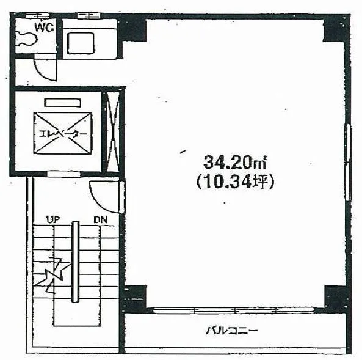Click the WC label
45,27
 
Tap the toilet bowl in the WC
26,39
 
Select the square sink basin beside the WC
81,43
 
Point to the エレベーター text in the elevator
63,134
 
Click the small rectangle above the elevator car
62,103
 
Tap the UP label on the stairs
53,219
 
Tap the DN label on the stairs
101,219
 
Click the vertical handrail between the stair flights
75,262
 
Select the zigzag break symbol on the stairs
52,275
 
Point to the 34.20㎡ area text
235,162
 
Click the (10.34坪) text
235,182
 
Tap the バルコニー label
231,331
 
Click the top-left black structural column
133,30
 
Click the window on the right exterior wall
348,163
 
